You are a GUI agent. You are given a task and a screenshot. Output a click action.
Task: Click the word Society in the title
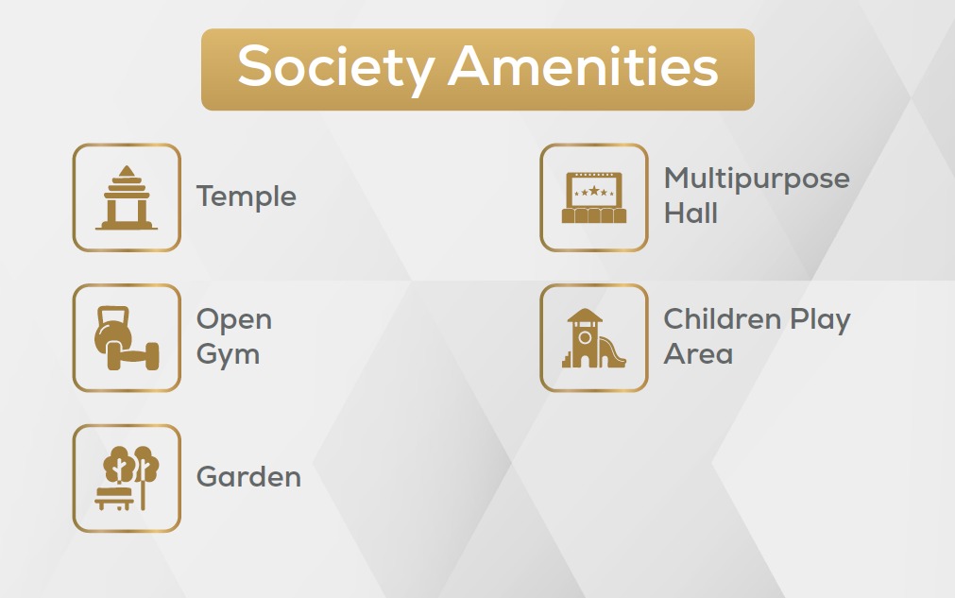click(336, 68)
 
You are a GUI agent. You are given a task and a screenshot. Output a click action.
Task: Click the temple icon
click(127, 197)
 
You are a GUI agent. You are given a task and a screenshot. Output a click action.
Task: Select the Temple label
click(246, 197)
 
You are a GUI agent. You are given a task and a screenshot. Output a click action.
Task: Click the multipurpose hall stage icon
click(594, 197)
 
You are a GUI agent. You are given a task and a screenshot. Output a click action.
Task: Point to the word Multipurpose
click(757, 179)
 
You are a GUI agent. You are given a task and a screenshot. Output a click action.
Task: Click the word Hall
click(691, 214)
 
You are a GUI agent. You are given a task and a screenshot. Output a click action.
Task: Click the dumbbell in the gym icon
click(133, 355)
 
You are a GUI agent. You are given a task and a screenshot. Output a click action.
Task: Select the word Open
click(234, 320)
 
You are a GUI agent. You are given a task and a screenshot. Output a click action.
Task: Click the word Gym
click(228, 355)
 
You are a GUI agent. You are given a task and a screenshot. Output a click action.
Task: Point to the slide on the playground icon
click(612, 352)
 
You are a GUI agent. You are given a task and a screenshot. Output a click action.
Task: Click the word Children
click(723, 319)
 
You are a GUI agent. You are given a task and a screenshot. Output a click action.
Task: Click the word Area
click(698, 354)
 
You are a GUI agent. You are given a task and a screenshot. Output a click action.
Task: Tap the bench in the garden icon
click(114, 498)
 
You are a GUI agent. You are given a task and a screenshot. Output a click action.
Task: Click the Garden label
click(248, 477)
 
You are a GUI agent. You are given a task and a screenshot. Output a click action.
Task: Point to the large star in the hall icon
click(594, 191)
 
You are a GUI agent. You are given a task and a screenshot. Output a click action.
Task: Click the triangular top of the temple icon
click(127, 171)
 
